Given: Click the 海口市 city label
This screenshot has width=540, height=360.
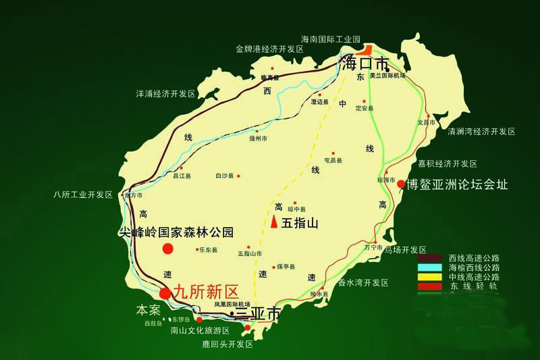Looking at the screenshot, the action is tap(366, 65).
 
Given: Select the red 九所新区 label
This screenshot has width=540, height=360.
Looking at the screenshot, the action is tap(207, 292).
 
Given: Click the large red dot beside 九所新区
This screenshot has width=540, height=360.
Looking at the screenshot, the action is tap(165, 293).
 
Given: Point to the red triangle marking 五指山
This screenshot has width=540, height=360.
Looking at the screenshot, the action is tap(274, 221).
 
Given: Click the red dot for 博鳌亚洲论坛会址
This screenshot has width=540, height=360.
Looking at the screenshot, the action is tap(401, 184).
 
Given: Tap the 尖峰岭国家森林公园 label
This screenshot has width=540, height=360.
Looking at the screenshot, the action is tap(175, 232).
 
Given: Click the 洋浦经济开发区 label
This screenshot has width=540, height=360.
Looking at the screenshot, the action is tap(165, 93).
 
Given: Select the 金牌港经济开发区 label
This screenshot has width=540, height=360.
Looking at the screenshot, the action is tap(270, 49).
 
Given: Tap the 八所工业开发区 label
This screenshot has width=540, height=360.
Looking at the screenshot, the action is tap(83, 195).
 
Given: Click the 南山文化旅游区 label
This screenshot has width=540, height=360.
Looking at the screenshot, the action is tap(200, 331).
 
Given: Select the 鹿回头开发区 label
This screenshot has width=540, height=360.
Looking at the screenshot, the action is tap(227, 344).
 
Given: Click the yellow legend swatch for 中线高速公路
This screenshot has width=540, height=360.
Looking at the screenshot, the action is tap(430, 277).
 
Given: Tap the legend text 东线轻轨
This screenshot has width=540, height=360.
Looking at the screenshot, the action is tap(473, 286).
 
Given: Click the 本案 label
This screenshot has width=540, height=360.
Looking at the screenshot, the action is tap(148, 310).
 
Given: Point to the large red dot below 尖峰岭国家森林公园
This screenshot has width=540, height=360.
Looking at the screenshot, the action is tap(168, 249).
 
